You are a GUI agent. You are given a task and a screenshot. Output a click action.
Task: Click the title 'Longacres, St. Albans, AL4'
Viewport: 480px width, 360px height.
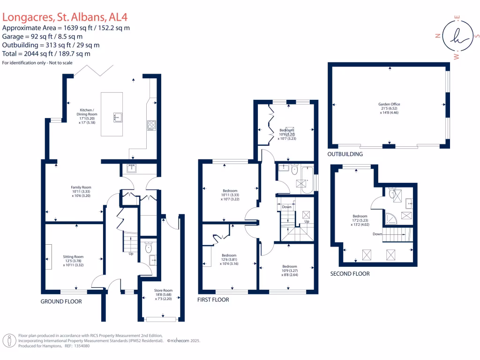65,17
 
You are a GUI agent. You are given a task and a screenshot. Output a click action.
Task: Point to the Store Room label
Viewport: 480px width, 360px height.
161,294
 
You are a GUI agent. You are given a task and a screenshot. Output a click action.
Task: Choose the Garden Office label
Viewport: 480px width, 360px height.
389,108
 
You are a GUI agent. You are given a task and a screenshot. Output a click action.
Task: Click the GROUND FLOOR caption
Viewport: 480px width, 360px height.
61,301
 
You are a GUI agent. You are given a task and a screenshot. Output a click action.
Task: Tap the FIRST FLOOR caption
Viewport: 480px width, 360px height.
213,300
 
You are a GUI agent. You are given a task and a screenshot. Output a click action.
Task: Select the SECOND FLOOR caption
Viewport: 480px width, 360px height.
350,274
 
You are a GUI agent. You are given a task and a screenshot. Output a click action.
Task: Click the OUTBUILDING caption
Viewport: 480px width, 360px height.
345,154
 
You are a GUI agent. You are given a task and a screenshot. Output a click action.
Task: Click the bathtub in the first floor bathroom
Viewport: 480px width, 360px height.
307,180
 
